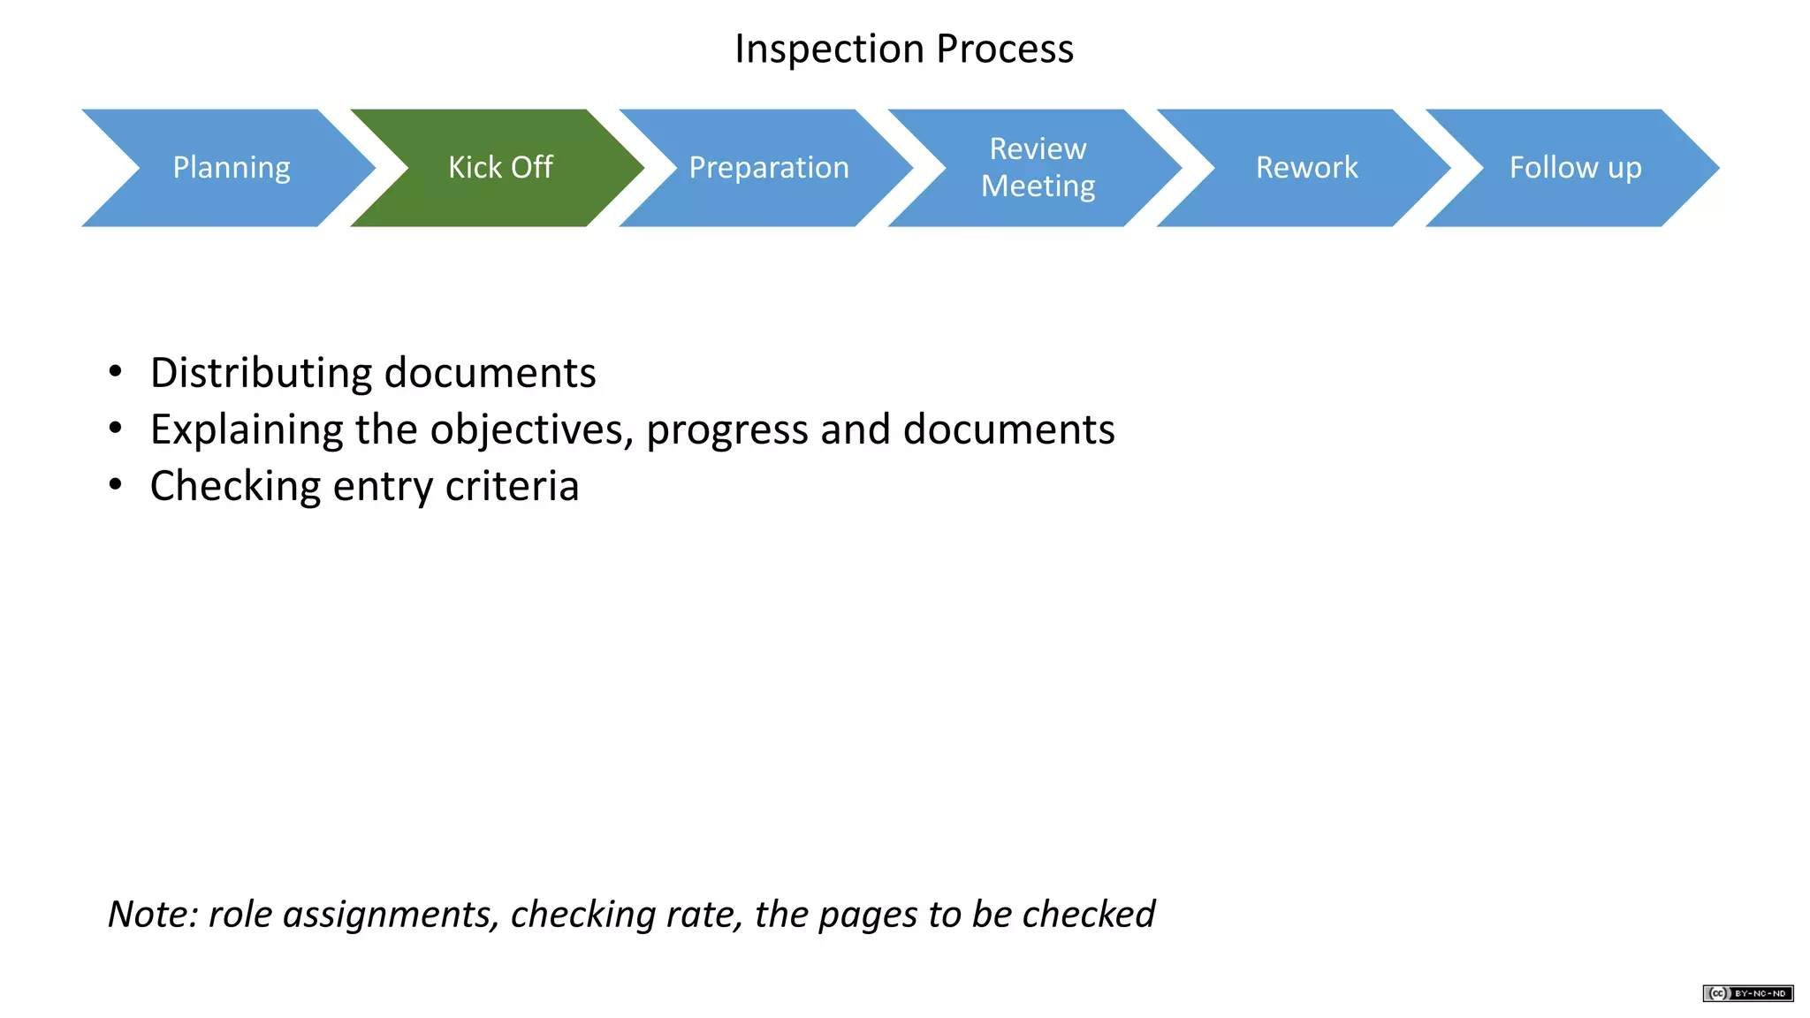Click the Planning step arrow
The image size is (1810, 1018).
coord(231,168)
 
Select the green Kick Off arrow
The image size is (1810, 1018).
coord(500,168)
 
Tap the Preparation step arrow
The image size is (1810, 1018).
coord(769,168)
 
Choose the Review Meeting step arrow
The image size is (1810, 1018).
coord(1038,168)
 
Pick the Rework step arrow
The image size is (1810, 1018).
coord(1306,168)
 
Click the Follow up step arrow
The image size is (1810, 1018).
coord(1575,168)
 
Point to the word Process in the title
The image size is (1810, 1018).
coord(1005,49)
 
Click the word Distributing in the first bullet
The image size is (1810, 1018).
coord(262,374)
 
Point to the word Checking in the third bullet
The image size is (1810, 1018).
coord(235,487)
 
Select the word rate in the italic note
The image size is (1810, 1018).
coord(703,915)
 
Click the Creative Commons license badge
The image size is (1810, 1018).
coord(1747,993)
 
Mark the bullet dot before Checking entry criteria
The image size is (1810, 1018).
coord(115,485)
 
